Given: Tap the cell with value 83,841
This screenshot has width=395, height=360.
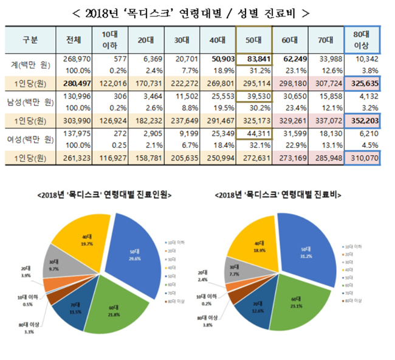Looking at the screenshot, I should [x=255, y=58].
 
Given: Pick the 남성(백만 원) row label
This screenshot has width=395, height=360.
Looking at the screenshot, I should [x=30, y=97].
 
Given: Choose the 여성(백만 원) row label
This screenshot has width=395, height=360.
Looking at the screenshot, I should [x=30, y=134].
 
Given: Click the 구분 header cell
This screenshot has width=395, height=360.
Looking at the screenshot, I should [x=30, y=40].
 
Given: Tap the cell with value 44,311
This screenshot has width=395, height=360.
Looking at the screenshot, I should [x=255, y=134].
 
